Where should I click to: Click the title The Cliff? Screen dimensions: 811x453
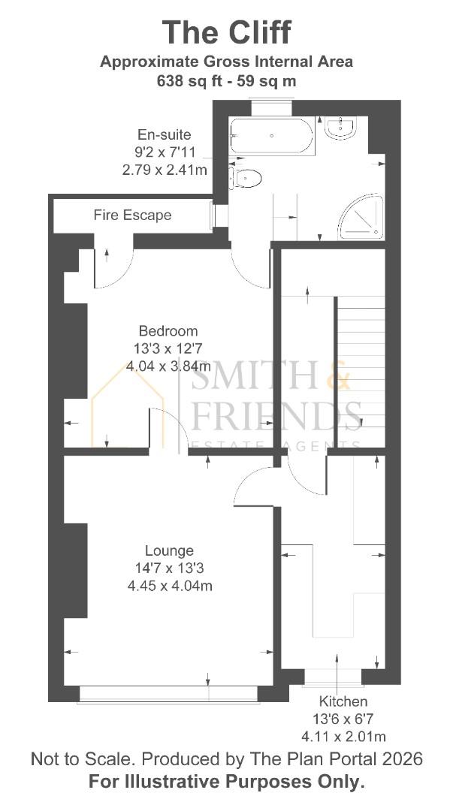[x=226, y=33]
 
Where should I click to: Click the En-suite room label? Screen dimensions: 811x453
[x=164, y=134]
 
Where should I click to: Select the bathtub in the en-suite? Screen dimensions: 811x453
[x=271, y=136]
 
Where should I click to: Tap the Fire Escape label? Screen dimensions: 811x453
[x=132, y=216]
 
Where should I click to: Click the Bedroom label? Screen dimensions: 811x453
[x=168, y=331]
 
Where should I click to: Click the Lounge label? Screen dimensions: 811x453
[x=169, y=550]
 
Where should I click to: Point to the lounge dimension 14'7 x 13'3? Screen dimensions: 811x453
[x=169, y=568]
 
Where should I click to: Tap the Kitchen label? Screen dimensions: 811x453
[x=343, y=701]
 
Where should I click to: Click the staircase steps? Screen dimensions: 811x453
[x=360, y=360]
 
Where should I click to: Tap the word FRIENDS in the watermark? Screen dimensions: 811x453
[x=276, y=415]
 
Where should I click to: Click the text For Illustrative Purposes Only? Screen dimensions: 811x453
[x=226, y=781]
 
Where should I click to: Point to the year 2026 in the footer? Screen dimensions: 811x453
[x=399, y=758]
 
